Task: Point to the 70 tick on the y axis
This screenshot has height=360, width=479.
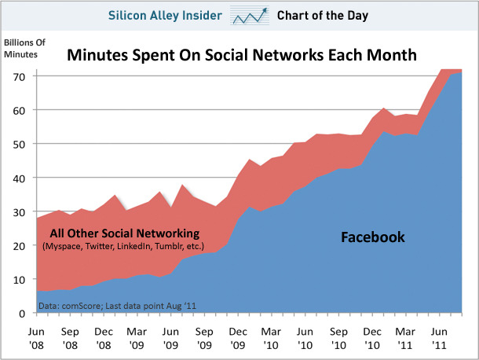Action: tap(19, 76)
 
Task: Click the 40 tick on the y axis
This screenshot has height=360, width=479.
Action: tap(19, 178)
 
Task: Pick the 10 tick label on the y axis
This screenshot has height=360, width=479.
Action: tap(19, 279)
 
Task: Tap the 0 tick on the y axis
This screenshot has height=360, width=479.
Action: tap(23, 313)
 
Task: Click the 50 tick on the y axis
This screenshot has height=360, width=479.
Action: tap(19, 144)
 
